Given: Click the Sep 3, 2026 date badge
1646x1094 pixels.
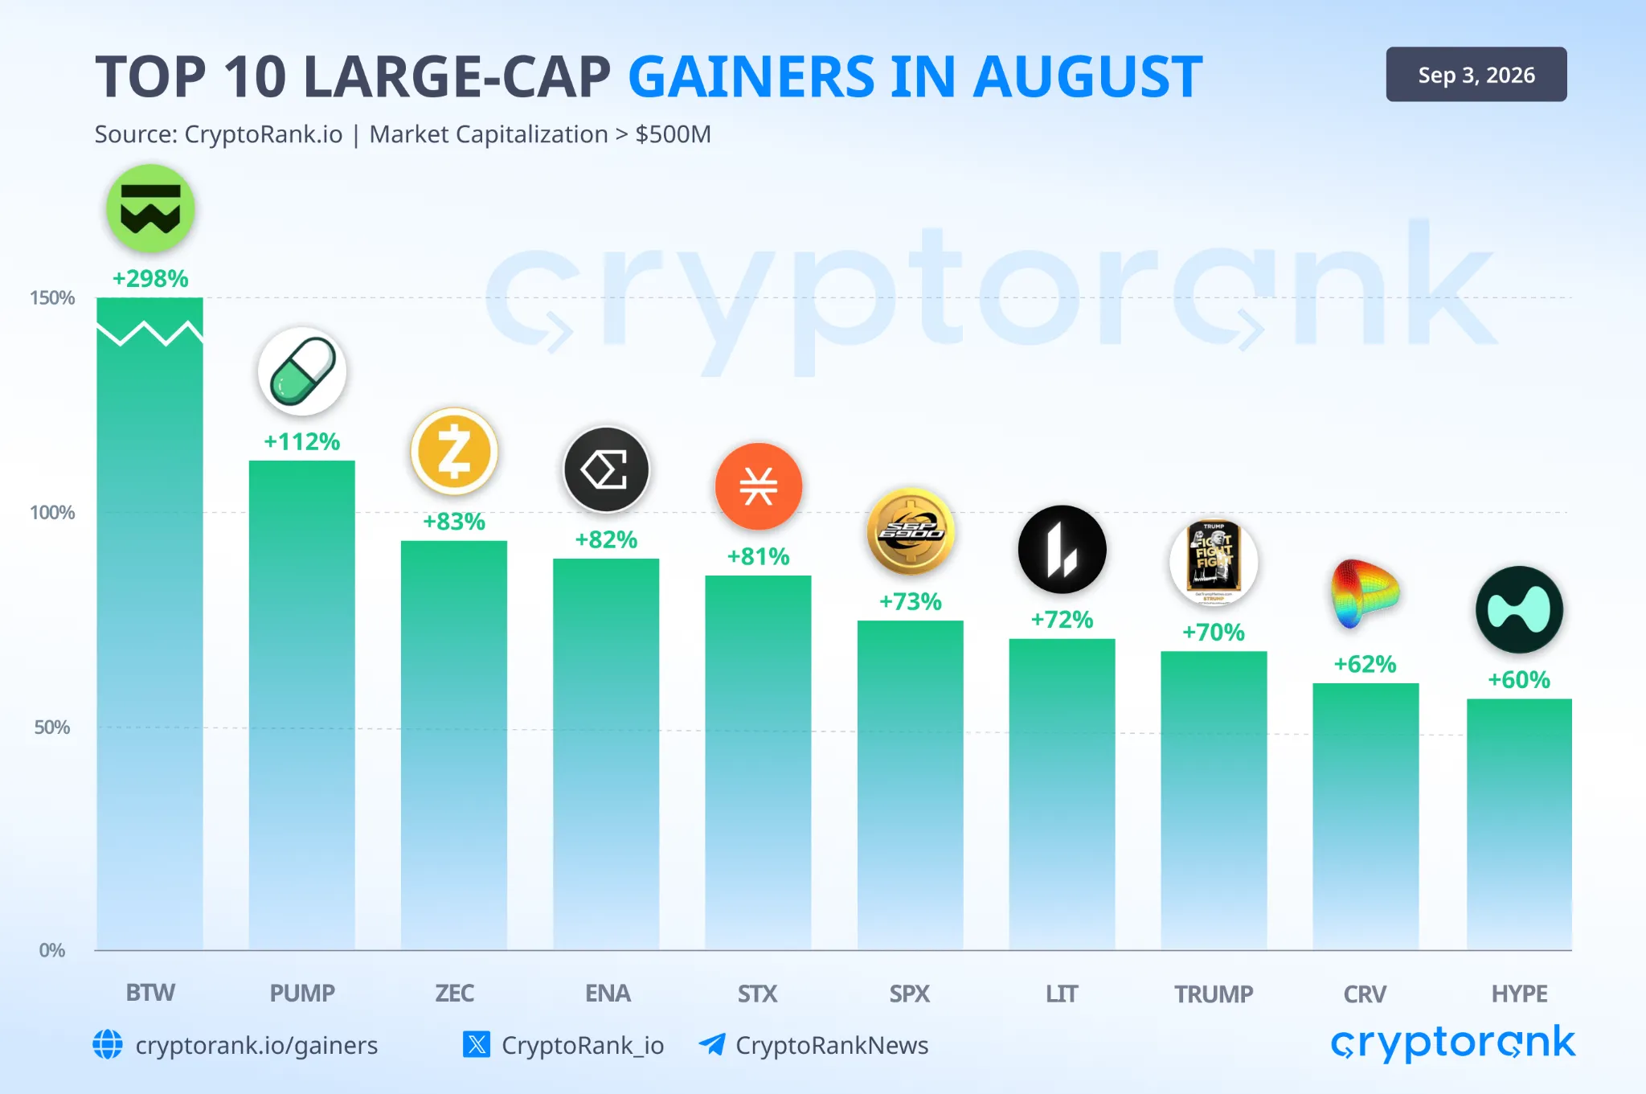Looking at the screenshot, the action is pyautogui.click(x=1476, y=75).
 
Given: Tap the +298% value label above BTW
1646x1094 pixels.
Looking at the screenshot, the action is pyautogui.click(x=150, y=279).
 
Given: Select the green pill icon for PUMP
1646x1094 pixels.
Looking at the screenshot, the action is pyautogui.click(x=302, y=371).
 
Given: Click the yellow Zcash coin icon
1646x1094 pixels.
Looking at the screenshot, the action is pyautogui.click(x=454, y=451).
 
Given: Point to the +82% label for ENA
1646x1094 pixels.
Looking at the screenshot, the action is pyautogui.click(x=606, y=539).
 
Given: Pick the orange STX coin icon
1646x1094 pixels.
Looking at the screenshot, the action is pyautogui.click(x=759, y=486).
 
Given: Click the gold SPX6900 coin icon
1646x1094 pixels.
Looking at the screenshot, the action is pyautogui.click(x=911, y=531).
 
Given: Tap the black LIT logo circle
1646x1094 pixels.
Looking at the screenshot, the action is pyautogui.click(x=1063, y=550).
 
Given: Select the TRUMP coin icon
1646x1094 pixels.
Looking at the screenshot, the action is pyautogui.click(x=1214, y=562).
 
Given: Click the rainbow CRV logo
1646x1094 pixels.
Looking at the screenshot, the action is pyautogui.click(x=1365, y=593).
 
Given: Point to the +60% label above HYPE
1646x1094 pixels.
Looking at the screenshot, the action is pyautogui.click(x=1519, y=680).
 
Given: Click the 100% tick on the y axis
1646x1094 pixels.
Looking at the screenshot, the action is pyautogui.click(x=52, y=513).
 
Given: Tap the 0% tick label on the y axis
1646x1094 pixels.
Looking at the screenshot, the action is pyautogui.click(x=52, y=950).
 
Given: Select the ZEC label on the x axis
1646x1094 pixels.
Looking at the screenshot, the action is pyautogui.click(x=454, y=994).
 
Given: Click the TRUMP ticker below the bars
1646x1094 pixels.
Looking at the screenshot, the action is pyautogui.click(x=1214, y=994).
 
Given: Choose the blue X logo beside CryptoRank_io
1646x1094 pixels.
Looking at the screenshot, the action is pyautogui.click(x=477, y=1044).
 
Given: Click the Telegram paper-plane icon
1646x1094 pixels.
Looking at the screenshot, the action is pyautogui.click(x=712, y=1044).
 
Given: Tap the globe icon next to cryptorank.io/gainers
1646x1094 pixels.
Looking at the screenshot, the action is pyautogui.click(x=108, y=1045).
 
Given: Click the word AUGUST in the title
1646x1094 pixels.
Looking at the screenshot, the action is pyautogui.click(x=1087, y=77).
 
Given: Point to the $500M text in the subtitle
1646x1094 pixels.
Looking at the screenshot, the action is pyautogui.click(x=674, y=134).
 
